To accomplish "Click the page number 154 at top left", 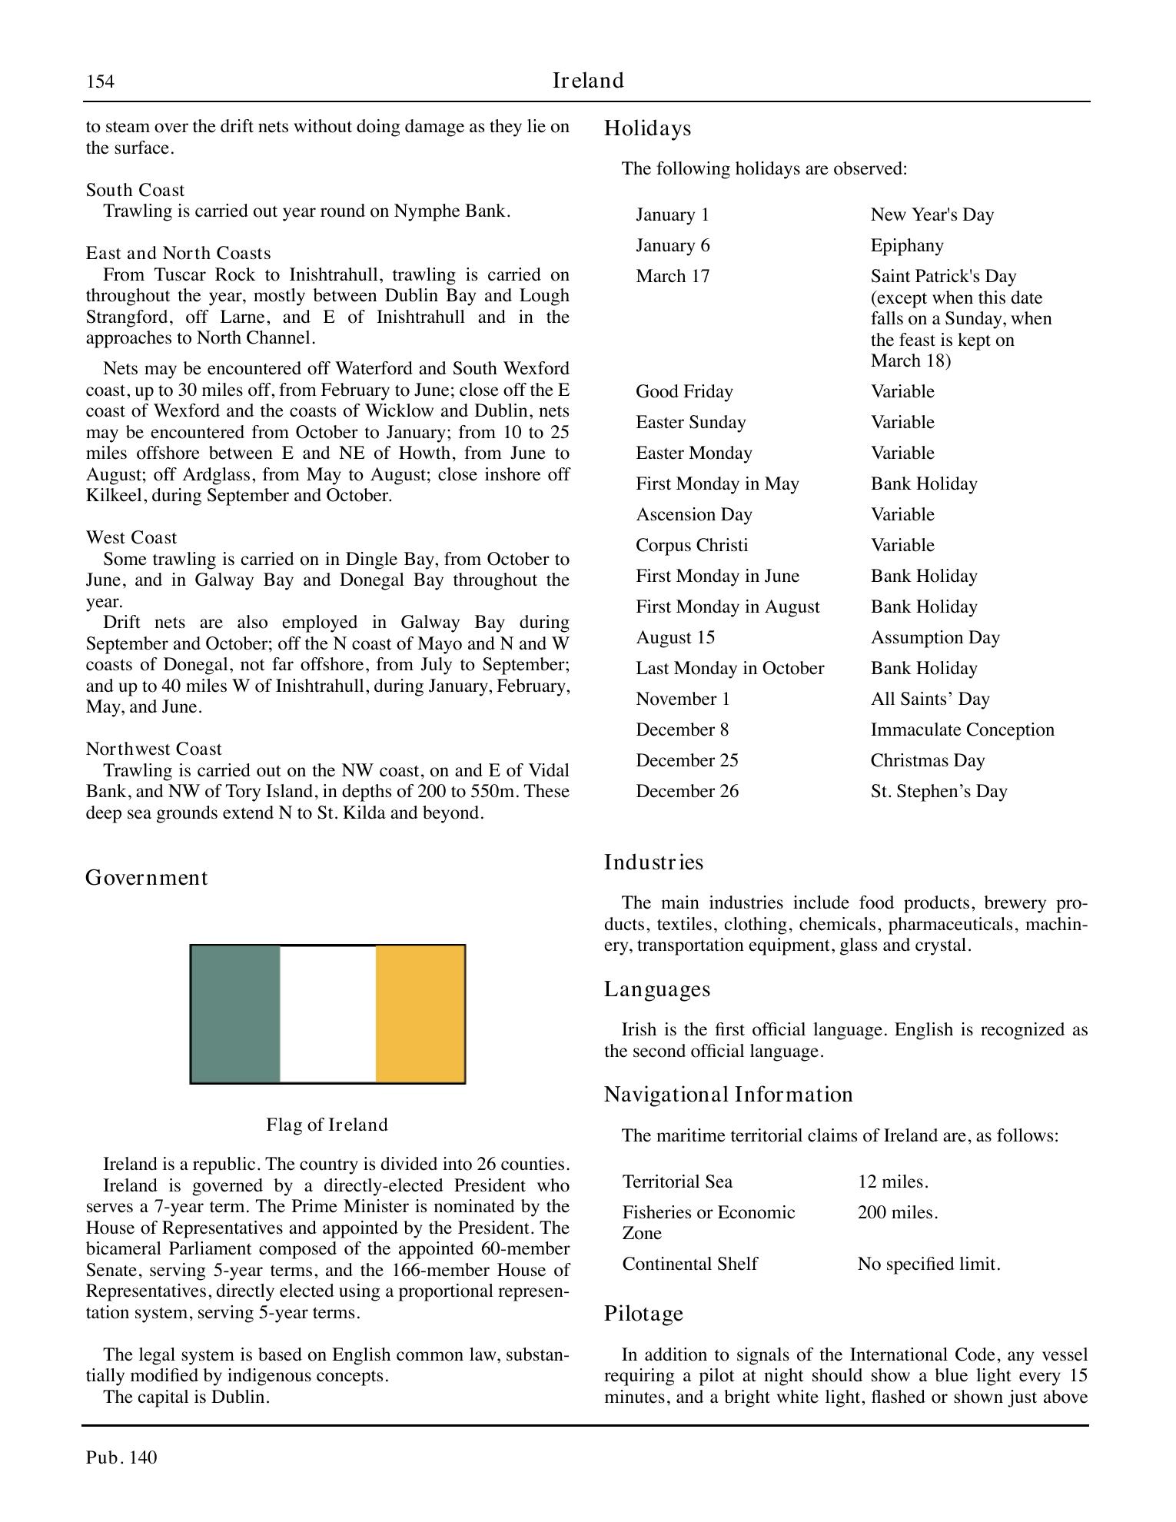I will pyautogui.click(x=100, y=81).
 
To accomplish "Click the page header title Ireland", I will pyautogui.click(x=588, y=81).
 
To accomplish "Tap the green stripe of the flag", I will pyautogui.click(x=236, y=1013).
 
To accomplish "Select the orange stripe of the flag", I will pyautogui.click(x=420, y=1013).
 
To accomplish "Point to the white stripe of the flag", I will pyautogui.click(x=328, y=1013).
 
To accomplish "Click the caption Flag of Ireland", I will pyautogui.click(x=327, y=1125).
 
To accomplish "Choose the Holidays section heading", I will pyautogui.click(x=647, y=128).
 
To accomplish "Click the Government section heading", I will pyautogui.click(x=146, y=878).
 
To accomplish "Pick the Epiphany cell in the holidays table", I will pyautogui.click(x=907, y=245).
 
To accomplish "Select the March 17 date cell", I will pyautogui.click(x=673, y=276).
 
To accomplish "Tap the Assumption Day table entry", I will pyautogui.click(x=935, y=637).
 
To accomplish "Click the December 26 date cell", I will pyautogui.click(x=686, y=791).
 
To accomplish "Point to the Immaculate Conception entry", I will pyautogui.click(x=962, y=729).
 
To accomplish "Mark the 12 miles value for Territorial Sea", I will pyautogui.click(x=893, y=1181).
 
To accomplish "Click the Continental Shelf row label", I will pyautogui.click(x=689, y=1264).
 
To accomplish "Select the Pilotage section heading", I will pyautogui.click(x=643, y=1314).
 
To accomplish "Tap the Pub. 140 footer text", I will pyautogui.click(x=121, y=1457).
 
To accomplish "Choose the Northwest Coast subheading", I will pyautogui.click(x=154, y=749).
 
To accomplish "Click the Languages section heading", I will pyautogui.click(x=657, y=989).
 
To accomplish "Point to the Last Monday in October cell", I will pyautogui.click(x=729, y=668).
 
